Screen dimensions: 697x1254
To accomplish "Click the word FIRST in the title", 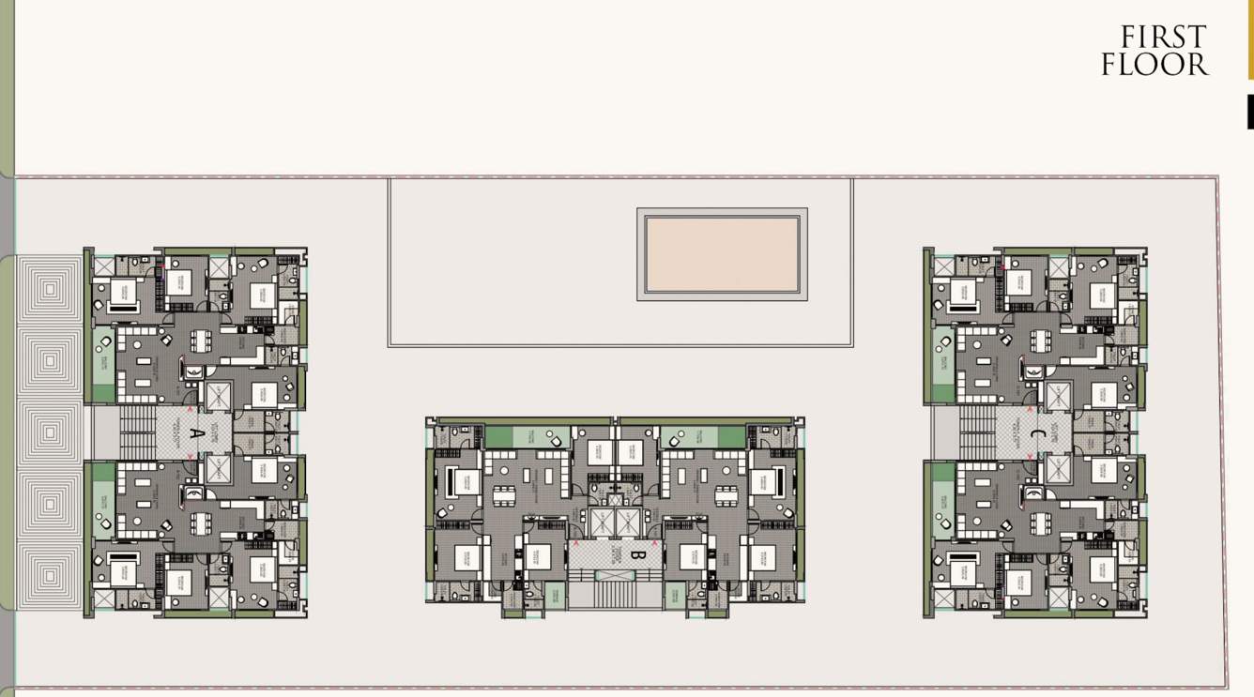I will [1163, 38].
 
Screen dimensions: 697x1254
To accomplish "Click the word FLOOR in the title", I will [1155, 65].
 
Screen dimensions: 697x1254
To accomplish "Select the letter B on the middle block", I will [635, 554].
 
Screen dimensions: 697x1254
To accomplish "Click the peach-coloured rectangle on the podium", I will [722, 254].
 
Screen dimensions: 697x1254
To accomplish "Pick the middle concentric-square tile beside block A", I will [51, 432].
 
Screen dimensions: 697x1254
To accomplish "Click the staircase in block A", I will [137, 432].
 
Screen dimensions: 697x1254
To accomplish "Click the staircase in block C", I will [977, 432].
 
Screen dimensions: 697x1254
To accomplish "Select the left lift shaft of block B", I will [602, 524].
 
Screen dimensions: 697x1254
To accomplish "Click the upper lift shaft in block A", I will [218, 395].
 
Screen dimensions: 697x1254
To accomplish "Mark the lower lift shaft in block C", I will [1058, 470].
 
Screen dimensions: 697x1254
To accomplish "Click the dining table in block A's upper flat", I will [201, 341].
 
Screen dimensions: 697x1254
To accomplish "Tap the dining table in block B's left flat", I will [505, 496].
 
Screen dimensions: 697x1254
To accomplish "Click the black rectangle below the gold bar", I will [1249, 112].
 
